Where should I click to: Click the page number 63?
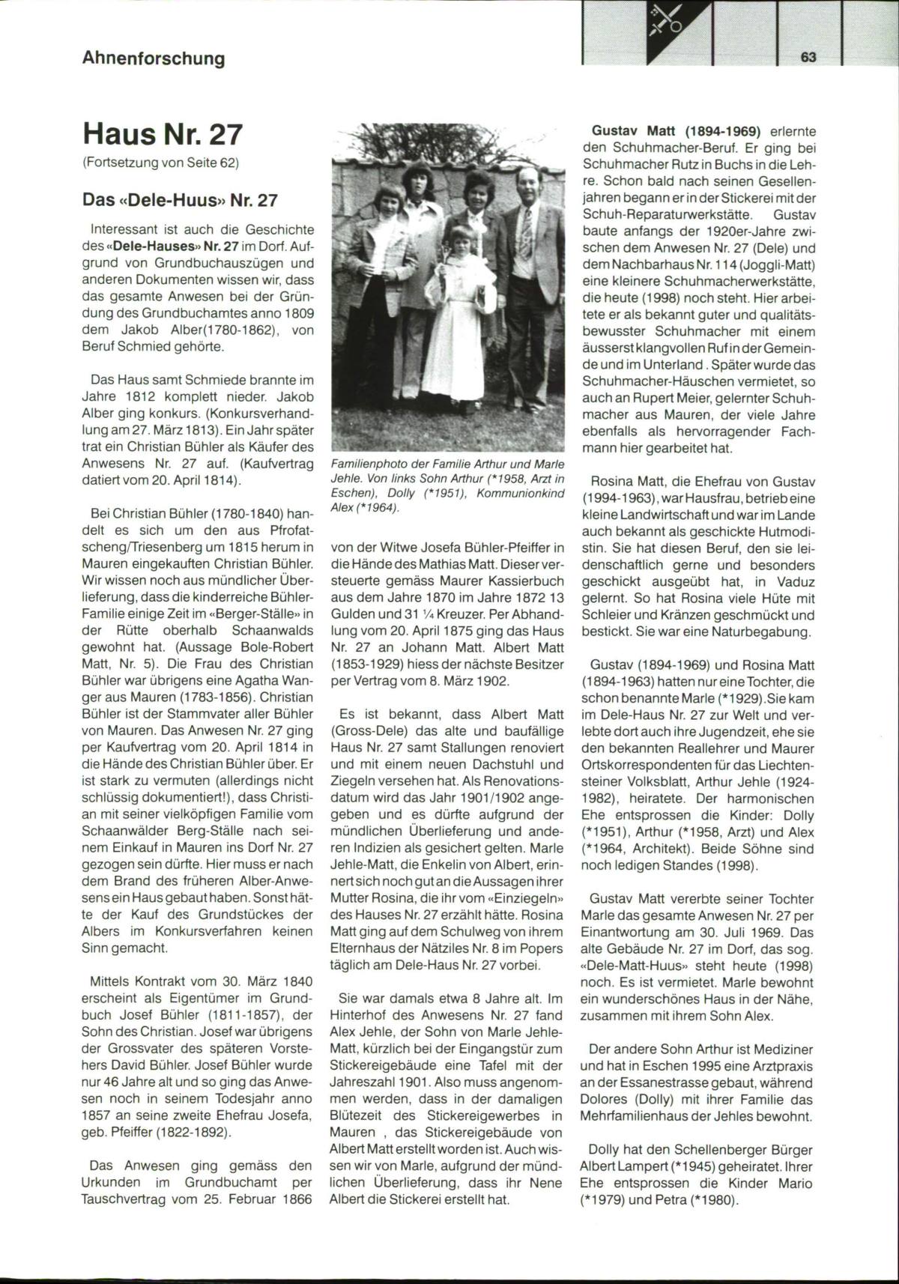click(x=808, y=58)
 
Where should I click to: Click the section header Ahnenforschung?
click(x=154, y=58)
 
